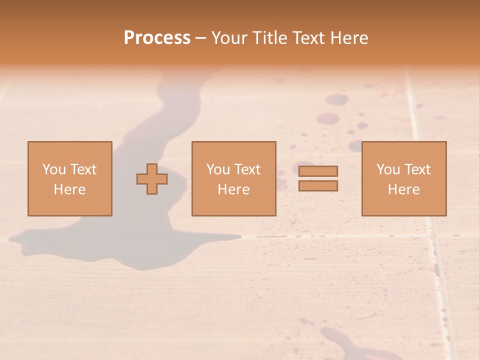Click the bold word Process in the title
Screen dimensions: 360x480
pyautogui.click(x=157, y=38)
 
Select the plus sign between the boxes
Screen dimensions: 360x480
pyautogui.click(x=152, y=179)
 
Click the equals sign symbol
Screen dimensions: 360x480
pyautogui.click(x=318, y=178)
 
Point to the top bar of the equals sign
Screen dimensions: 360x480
pyautogui.click(x=318, y=171)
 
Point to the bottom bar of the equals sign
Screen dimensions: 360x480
pyautogui.click(x=318, y=186)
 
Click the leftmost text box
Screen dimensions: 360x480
pyautogui.click(x=70, y=178)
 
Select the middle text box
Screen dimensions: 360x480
pyautogui.click(x=233, y=178)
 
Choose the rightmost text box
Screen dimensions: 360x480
pyautogui.click(x=404, y=178)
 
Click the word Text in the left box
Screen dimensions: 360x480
pyautogui.click(x=83, y=169)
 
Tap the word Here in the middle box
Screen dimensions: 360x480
pyautogui.click(x=233, y=189)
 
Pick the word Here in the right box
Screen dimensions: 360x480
pyautogui.click(x=404, y=189)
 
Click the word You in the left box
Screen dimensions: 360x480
pyautogui.click(x=54, y=169)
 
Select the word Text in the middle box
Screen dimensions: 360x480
pyautogui.click(x=247, y=169)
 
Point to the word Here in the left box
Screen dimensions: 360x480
pyautogui.click(x=70, y=189)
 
